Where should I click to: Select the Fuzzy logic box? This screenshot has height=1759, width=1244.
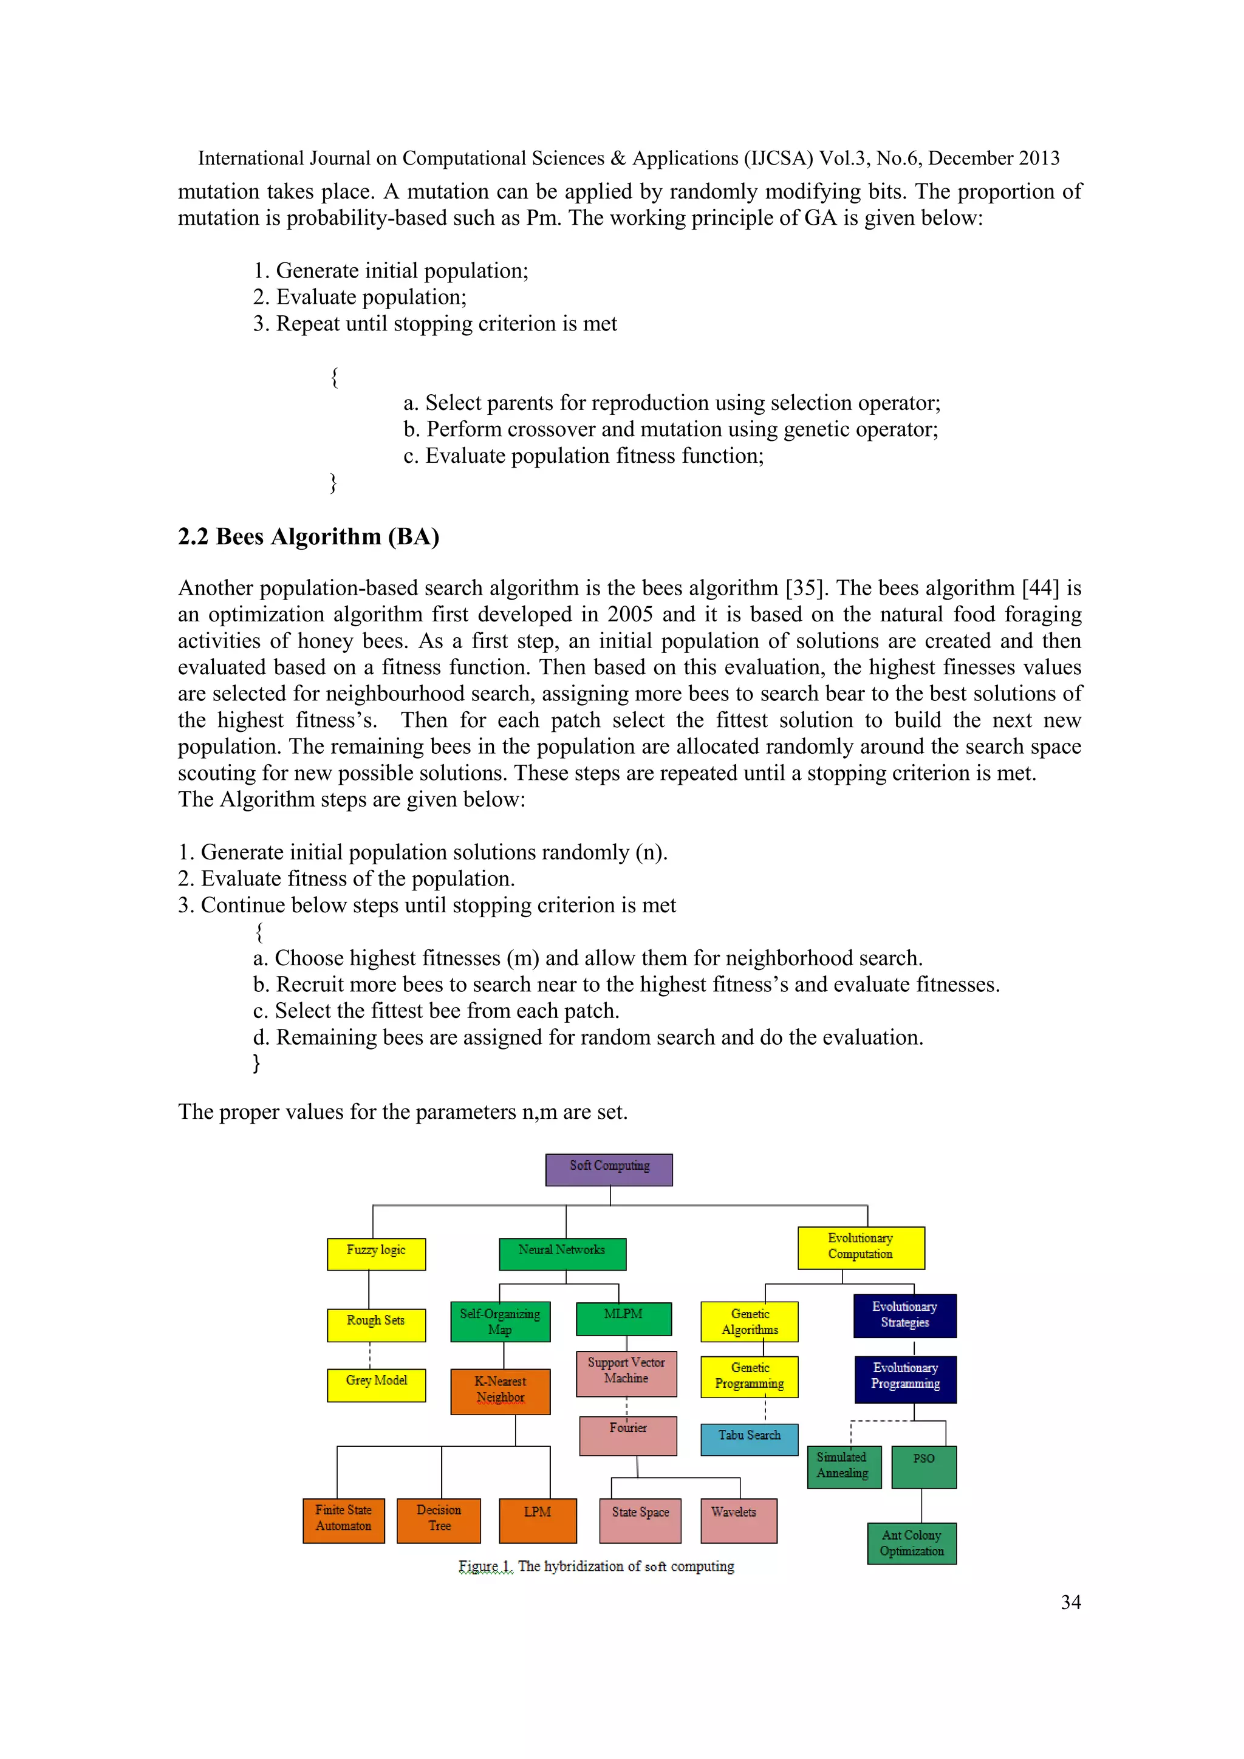375,1254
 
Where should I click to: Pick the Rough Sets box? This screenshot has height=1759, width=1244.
375,1325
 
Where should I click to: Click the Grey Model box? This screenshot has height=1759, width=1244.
375,1385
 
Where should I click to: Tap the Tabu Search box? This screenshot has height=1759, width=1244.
748,1439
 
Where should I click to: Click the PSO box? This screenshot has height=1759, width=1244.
923,1466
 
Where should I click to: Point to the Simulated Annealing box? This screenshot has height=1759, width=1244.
843,1466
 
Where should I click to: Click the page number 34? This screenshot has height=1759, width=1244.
1070,1602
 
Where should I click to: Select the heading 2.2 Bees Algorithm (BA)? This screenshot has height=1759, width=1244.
309,536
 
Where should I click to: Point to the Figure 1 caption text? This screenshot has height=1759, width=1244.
596,1566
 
